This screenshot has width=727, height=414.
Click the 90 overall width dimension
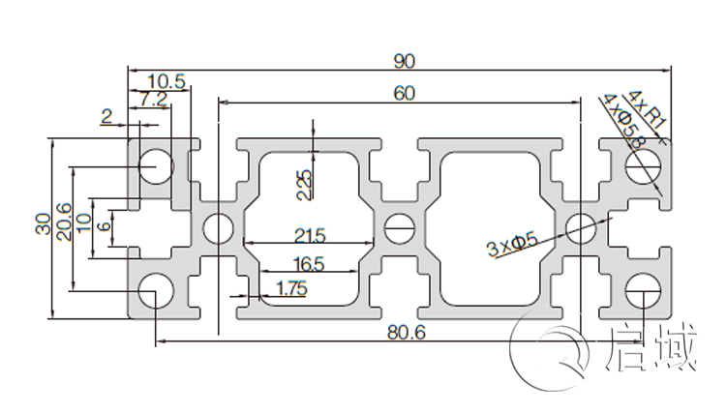(405, 61)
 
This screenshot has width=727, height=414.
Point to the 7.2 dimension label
(155, 99)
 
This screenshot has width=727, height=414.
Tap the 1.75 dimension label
(291, 287)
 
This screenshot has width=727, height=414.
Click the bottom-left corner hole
(155, 290)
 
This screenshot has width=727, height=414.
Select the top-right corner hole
(642, 166)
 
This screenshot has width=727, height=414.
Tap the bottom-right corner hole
(642, 290)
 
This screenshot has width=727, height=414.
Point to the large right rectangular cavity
(488, 228)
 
